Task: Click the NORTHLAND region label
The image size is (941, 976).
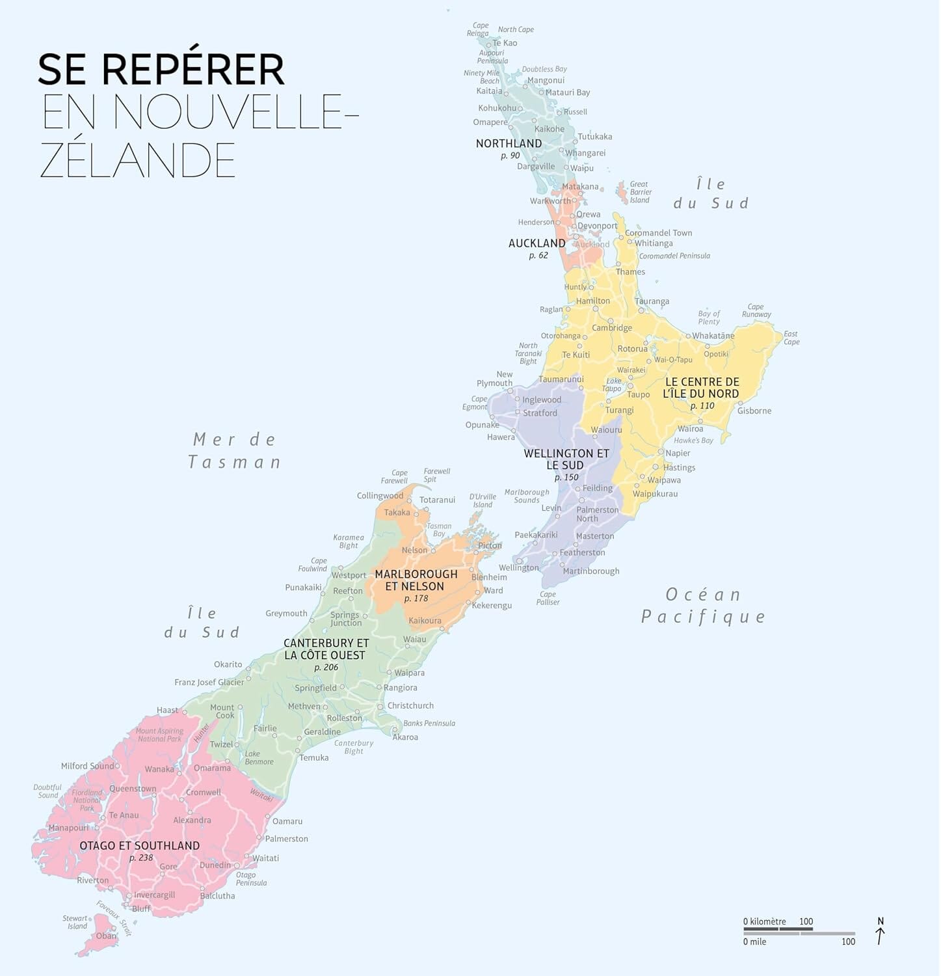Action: pyautogui.click(x=509, y=143)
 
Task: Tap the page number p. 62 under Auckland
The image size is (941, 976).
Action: pyautogui.click(x=538, y=255)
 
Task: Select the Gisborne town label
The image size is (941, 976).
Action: pyautogui.click(x=754, y=411)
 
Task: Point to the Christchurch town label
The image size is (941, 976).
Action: pyautogui.click(x=410, y=705)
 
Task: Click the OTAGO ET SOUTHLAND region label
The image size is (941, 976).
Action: pyautogui.click(x=139, y=845)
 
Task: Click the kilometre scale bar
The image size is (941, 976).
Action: pyautogui.click(x=780, y=930)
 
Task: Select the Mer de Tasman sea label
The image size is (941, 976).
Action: pyautogui.click(x=235, y=451)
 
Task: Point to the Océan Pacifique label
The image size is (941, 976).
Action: pyautogui.click(x=704, y=605)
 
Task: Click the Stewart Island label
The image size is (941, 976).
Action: pyautogui.click(x=75, y=922)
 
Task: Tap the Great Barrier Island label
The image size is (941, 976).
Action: pyautogui.click(x=641, y=192)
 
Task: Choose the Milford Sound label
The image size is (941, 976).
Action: pyautogui.click(x=87, y=766)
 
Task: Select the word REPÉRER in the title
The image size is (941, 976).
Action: pyautogui.click(x=193, y=70)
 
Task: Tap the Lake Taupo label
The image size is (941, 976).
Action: pyautogui.click(x=613, y=385)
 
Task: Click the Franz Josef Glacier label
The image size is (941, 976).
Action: pyautogui.click(x=209, y=682)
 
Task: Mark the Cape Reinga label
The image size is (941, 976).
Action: pyautogui.click(x=478, y=29)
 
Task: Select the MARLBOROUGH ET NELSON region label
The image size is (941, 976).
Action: pyautogui.click(x=416, y=580)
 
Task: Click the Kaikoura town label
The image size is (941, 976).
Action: pyautogui.click(x=425, y=620)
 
